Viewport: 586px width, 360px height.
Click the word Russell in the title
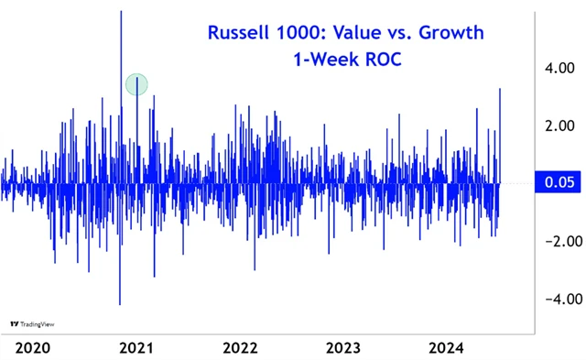pos(240,34)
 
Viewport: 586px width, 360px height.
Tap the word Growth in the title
pos(451,34)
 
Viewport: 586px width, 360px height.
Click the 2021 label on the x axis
pos(136,347)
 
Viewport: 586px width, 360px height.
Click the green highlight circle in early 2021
pos(136,85)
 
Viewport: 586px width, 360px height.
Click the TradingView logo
pos(28,323)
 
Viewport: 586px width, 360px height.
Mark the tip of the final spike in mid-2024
pos(500,89)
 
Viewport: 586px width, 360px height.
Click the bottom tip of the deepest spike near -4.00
pos(120,304)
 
